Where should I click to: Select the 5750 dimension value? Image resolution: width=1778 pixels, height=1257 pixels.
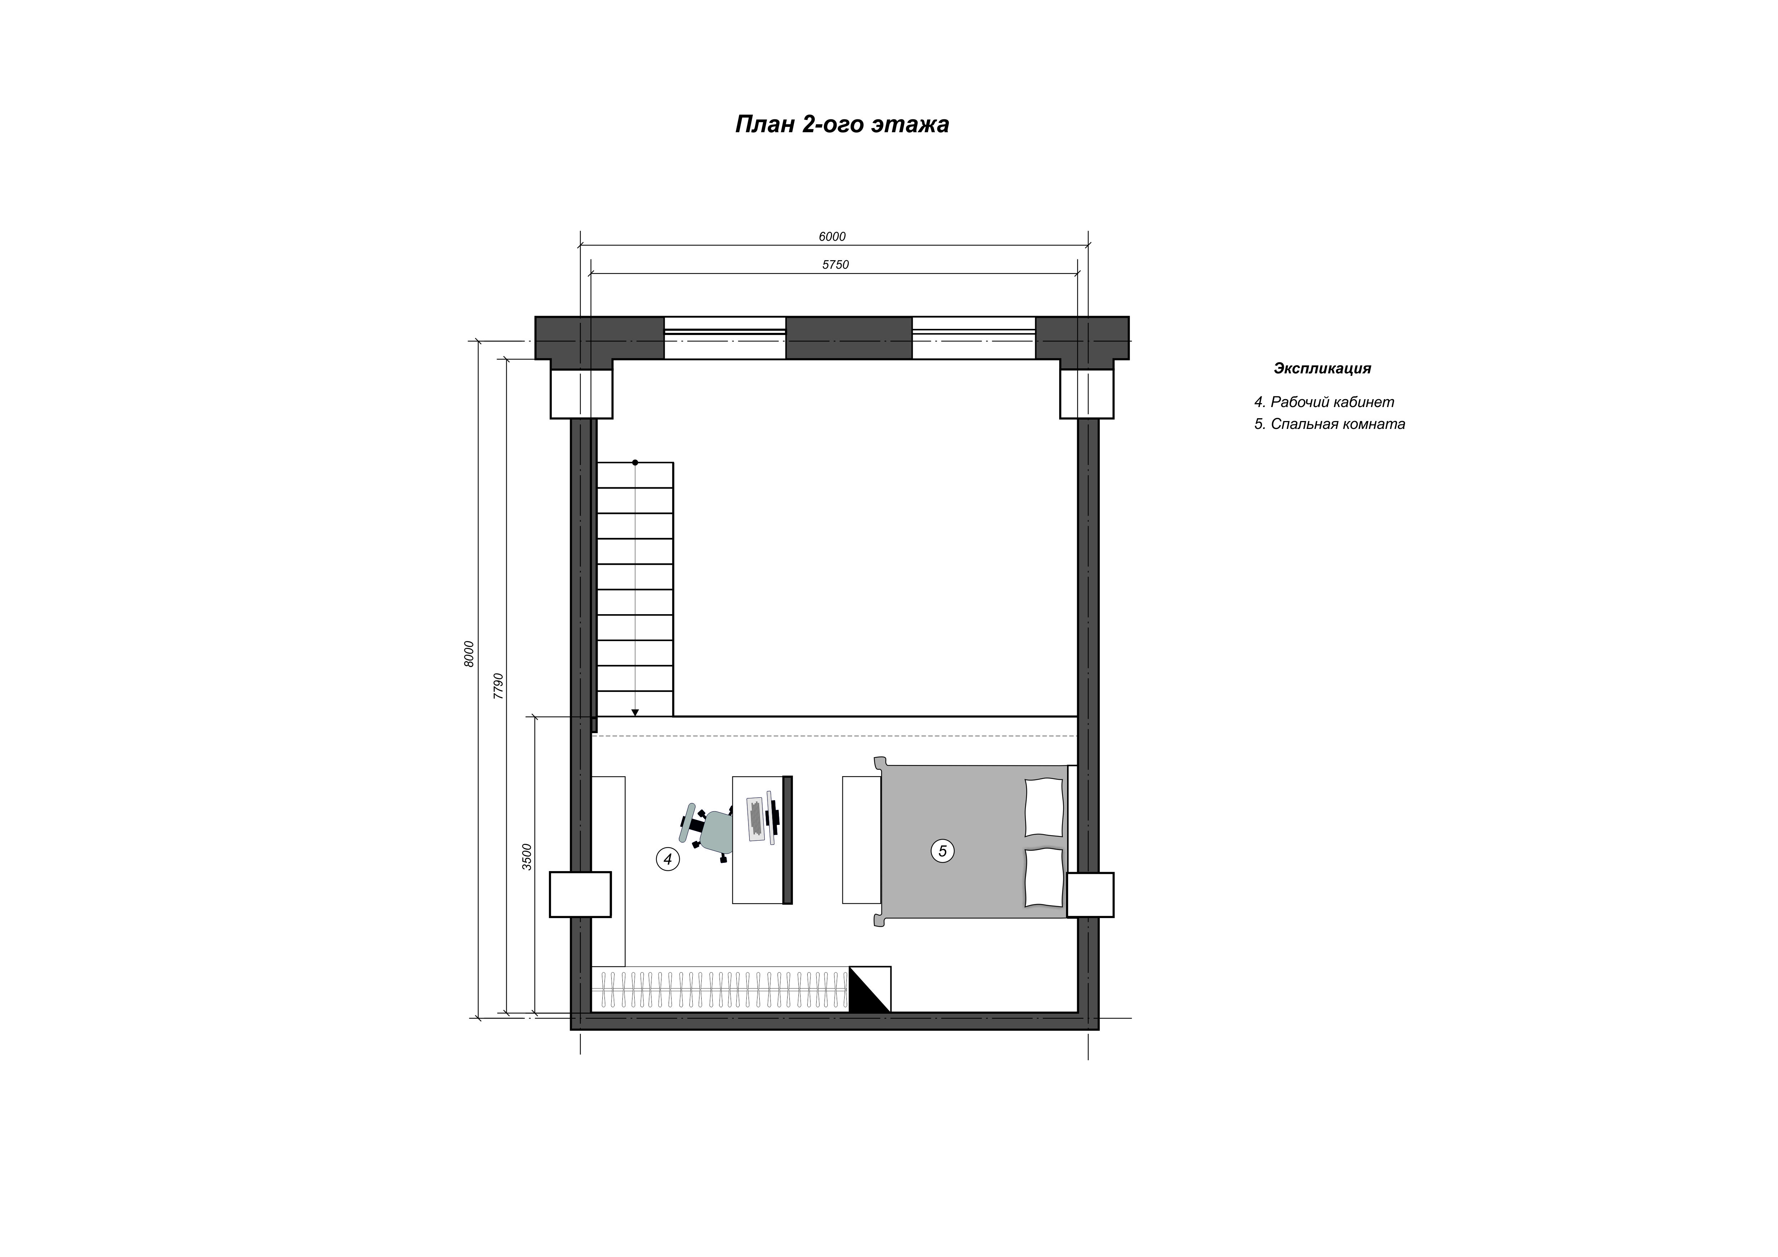click(836, 265)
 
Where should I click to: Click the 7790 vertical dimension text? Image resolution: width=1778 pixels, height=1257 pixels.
click(499, 686)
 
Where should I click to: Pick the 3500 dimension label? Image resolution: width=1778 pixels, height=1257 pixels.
click(527, 857)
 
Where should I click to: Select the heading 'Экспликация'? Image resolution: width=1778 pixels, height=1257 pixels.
click(1322, 369)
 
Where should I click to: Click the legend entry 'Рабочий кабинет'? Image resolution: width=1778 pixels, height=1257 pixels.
click(1332, 402)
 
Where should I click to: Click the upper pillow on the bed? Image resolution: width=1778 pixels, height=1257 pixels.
click(1045, 808)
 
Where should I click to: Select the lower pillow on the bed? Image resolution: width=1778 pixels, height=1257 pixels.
click(1045, 878)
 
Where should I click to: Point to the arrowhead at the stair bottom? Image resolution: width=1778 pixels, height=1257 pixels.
click(635, 712)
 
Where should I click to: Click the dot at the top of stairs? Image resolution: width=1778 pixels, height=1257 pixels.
click(635, 462)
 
